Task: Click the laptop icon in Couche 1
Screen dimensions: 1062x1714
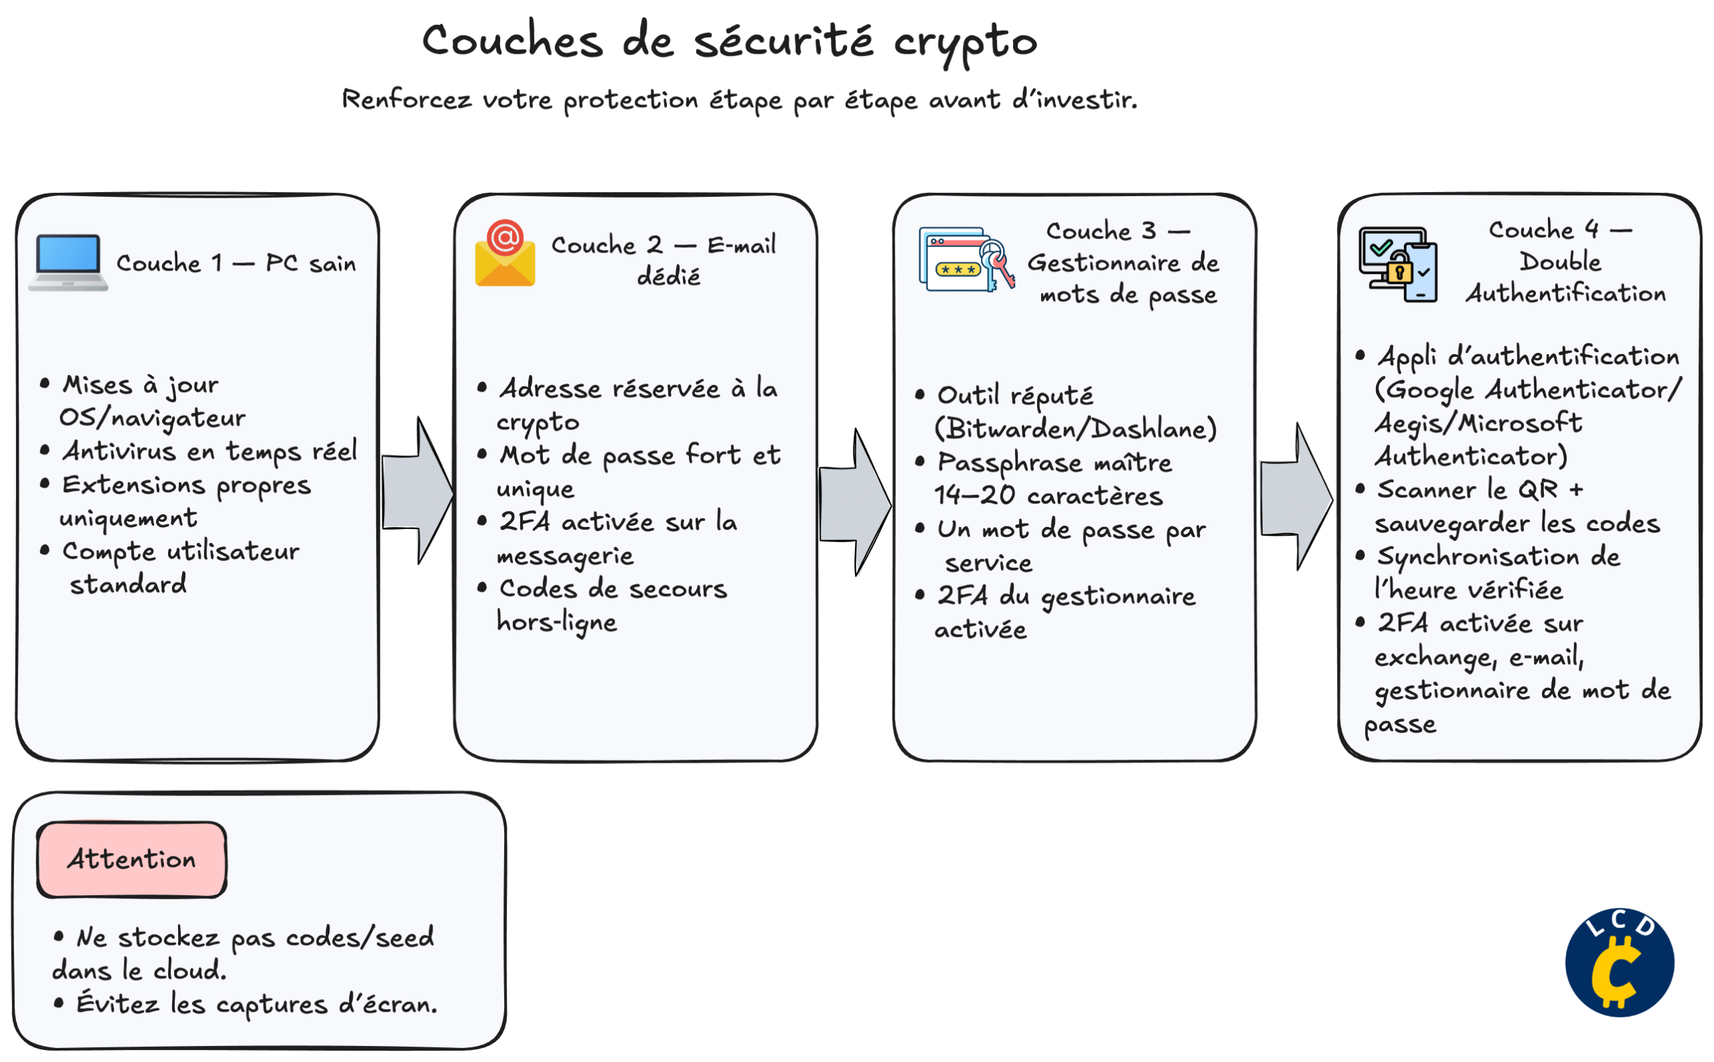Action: pos(68,262)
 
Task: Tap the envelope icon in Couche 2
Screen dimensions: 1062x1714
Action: pos(505,254)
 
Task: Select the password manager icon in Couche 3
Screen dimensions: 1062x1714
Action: pos(966,260)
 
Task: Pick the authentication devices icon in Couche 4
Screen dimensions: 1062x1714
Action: pos(1397,264)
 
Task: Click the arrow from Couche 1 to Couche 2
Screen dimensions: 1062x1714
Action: pos(418,491)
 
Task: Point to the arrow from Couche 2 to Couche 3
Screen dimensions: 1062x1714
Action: pos(855,503)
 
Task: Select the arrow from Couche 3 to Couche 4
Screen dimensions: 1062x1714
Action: pos(1296,498)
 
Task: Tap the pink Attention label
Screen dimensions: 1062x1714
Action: pos(132,859)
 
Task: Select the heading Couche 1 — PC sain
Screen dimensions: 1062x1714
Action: pos(236,263)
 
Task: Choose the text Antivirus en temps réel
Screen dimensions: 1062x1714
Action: pos(210,451)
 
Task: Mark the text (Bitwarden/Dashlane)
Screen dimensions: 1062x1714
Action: pos(1075,429)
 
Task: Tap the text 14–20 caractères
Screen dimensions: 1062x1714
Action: pos(1048,496)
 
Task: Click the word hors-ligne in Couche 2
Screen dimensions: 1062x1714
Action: pos(557,622)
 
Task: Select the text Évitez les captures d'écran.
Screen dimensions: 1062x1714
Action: pos(256,1004)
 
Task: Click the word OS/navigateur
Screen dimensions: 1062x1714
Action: pos(153,418)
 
